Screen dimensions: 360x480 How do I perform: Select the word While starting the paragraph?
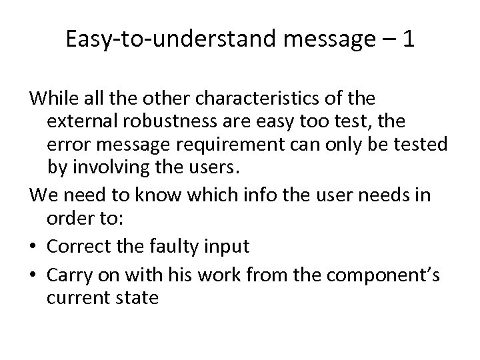tap(51, 99)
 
